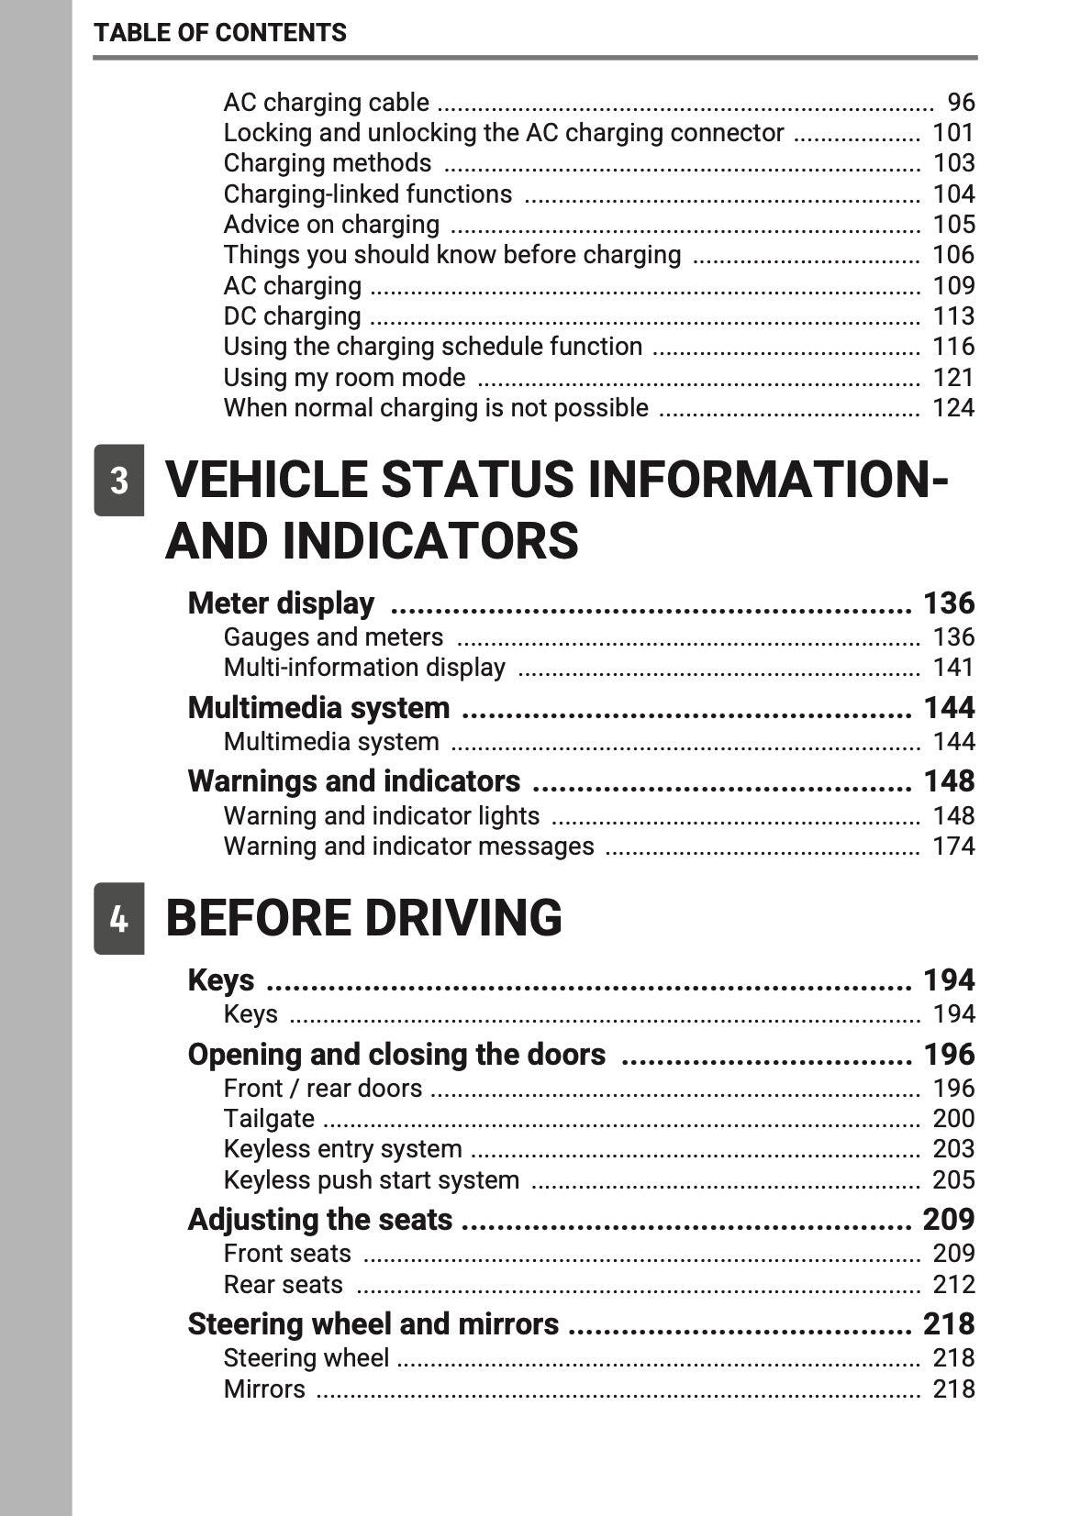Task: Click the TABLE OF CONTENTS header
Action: click(220, 33)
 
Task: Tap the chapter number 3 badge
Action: click(119, 481)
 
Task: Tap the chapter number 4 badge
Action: click(119, 918)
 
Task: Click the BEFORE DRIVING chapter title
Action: click(363, 918)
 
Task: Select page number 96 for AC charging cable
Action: click(961, 102)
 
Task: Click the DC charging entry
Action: click(292, 316)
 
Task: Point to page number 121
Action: click(953, 378)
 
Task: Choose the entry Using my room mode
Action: click(344, 378)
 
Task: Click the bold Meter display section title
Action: click(281, 603)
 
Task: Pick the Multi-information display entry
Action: click(364, 668)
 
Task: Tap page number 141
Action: click(953, 668)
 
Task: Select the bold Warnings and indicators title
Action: click(353, 781)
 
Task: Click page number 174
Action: click(953, 847)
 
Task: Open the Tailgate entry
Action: click(269, 1119)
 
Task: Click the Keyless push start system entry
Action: click(372, 1180)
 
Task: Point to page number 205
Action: click(953, 1180)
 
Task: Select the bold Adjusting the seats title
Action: click(319, 1220)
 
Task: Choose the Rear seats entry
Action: click(283, 1285)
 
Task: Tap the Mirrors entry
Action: click(264, 1389)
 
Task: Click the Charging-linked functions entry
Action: click(368, 194)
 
